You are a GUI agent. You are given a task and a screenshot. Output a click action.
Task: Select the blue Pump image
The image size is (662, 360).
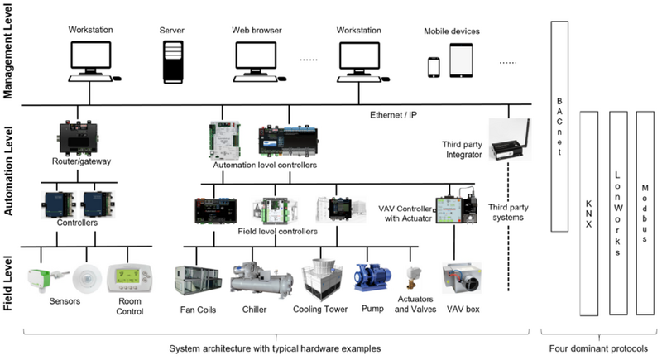pos(371,280)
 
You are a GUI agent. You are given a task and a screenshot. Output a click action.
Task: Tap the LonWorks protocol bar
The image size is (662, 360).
pos(617,212)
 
